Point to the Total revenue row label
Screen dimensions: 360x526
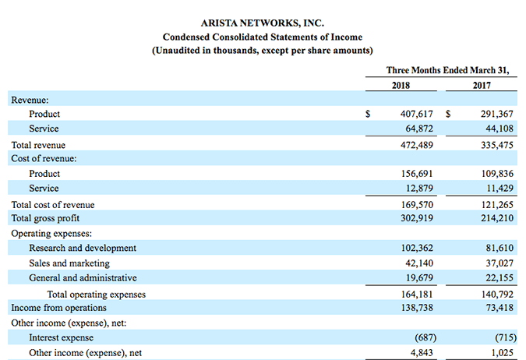(38, 145)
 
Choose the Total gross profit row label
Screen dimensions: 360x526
(45, 218)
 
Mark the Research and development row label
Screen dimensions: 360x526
(83, 248)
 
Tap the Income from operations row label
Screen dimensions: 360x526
(58, 309)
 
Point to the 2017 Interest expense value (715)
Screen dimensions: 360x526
(499, 337)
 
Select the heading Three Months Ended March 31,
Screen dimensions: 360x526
(447, 70)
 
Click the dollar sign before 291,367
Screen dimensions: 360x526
(448, 114)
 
